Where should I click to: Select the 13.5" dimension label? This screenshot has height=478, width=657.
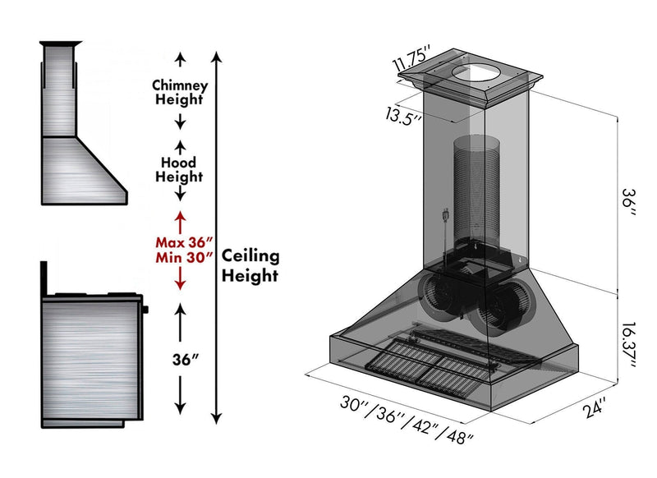(x=404, y=116)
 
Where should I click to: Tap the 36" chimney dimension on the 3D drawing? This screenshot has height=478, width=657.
(x=628, y=200)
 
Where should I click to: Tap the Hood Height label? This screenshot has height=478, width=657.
(x=180, y=169)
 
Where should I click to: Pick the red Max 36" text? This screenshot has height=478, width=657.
(x=185, y=242)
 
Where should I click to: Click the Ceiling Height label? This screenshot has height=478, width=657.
(x=250, y=265)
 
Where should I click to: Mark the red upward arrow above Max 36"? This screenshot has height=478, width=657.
(x=181, y=220)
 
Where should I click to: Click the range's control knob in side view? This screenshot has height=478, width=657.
(x=145, y=310)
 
